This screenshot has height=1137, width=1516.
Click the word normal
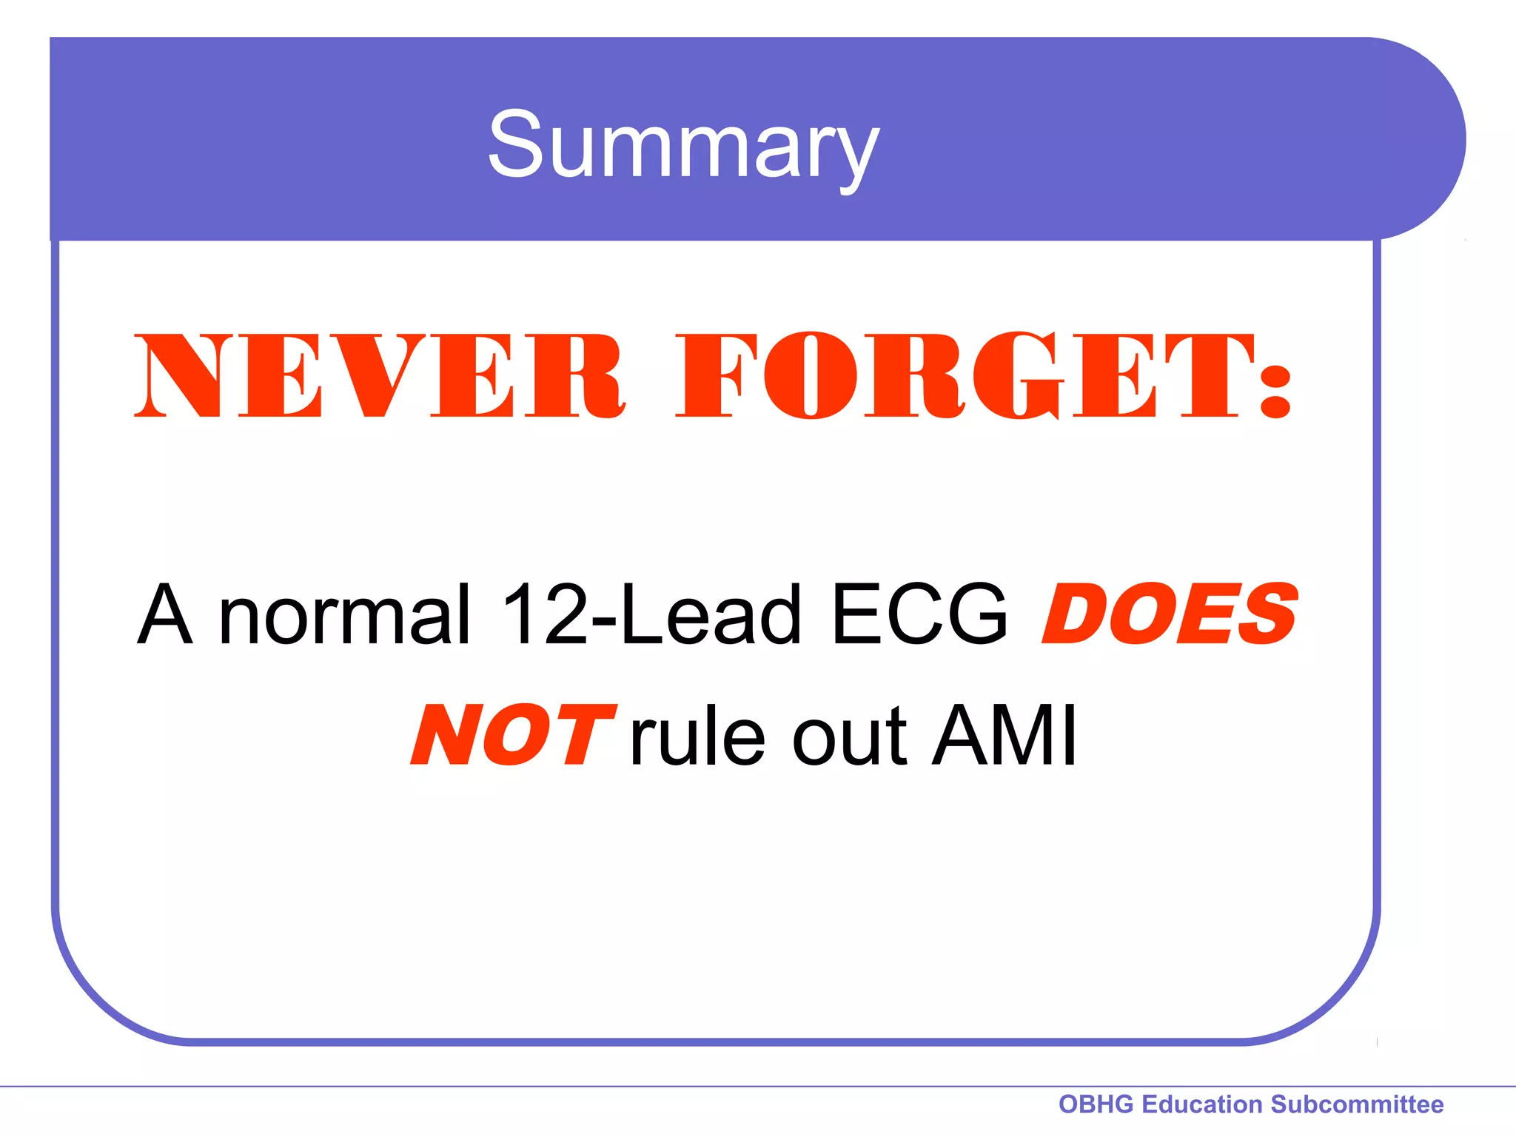tap(345, 614)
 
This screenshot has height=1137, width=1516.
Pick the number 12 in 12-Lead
tap(545, 614)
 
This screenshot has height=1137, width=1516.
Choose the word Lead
tap(711, 614)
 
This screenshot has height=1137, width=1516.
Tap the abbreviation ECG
tap(919, 614)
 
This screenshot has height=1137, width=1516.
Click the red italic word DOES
tap(1170, 614)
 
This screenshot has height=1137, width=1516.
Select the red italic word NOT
tap(514, 736)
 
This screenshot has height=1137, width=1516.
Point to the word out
tap(849, 736)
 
